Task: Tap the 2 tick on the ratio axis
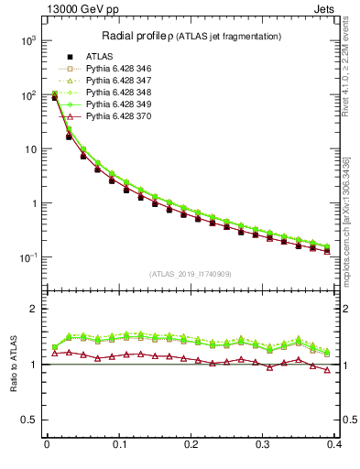tap(33, 309)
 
